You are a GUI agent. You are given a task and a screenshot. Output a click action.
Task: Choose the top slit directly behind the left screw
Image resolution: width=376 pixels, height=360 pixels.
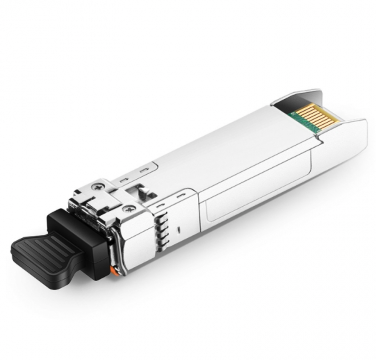pyautogui.click(x=124, y=180)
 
